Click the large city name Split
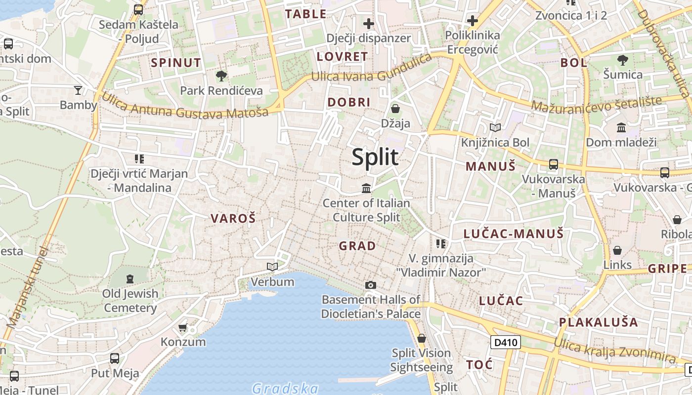pyautogui.click(x=375, y=157)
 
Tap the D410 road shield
pyautogui.click(x=506, y=342)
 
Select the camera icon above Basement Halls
pyautogui.click(x=370, y=285)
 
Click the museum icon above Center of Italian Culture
pyautogui.click(x=366, y=188)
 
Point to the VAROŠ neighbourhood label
pyautogui.click(x=233, y=218)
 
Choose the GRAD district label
pyautogui.click(x=357, y=245)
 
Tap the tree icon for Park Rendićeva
pyautogui.click(x=221, y=76)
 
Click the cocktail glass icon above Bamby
pyautogui.click(x=78, y=90)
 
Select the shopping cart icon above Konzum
pyautogui.click(x=183, y=327)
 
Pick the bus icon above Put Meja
pyautogui.click(x=115, y=358)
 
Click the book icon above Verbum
pyautogui.click(x=272, y=267)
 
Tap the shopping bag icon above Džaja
pyautogui.click(x=395, y=109)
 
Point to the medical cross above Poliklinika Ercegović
pyautogui.click(x=473, y=21)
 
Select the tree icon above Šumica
pyautogui.click(x=622, y=60)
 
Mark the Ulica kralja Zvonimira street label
pyautogui.click(x=614, y=351)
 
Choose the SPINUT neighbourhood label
pyautogui.click(x=176, y=63)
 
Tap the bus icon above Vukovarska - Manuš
pyautogui.click(x=554, y=164)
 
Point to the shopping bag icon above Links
pyautogui.click(x=617, y=250)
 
